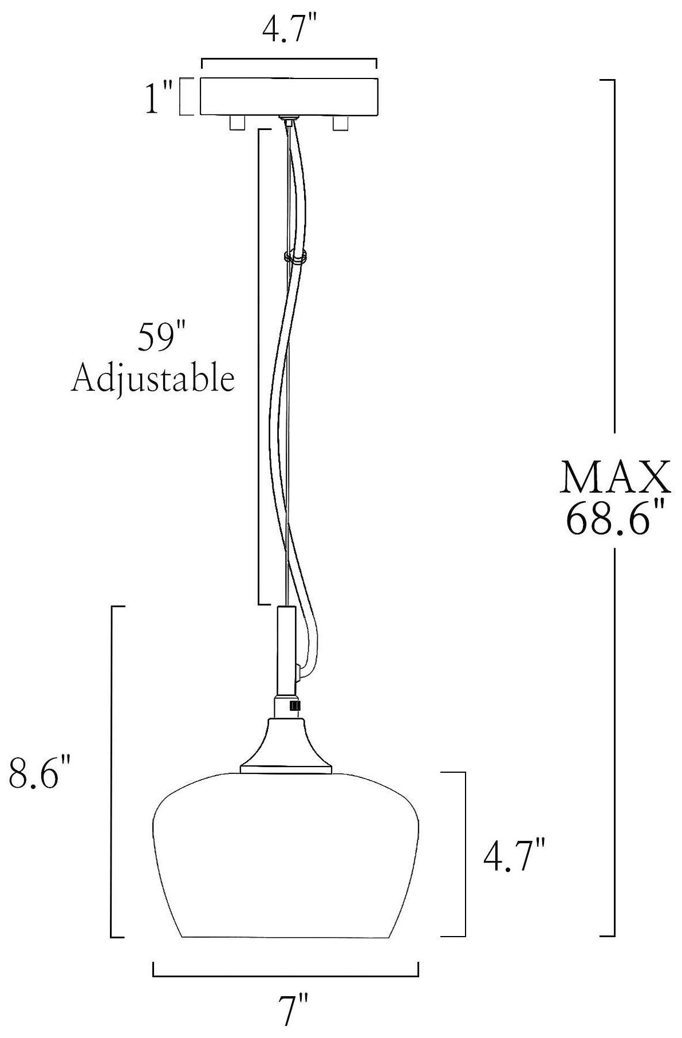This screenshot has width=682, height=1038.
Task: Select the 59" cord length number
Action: (155, 338)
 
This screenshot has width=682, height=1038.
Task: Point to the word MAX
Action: (616, 477)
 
